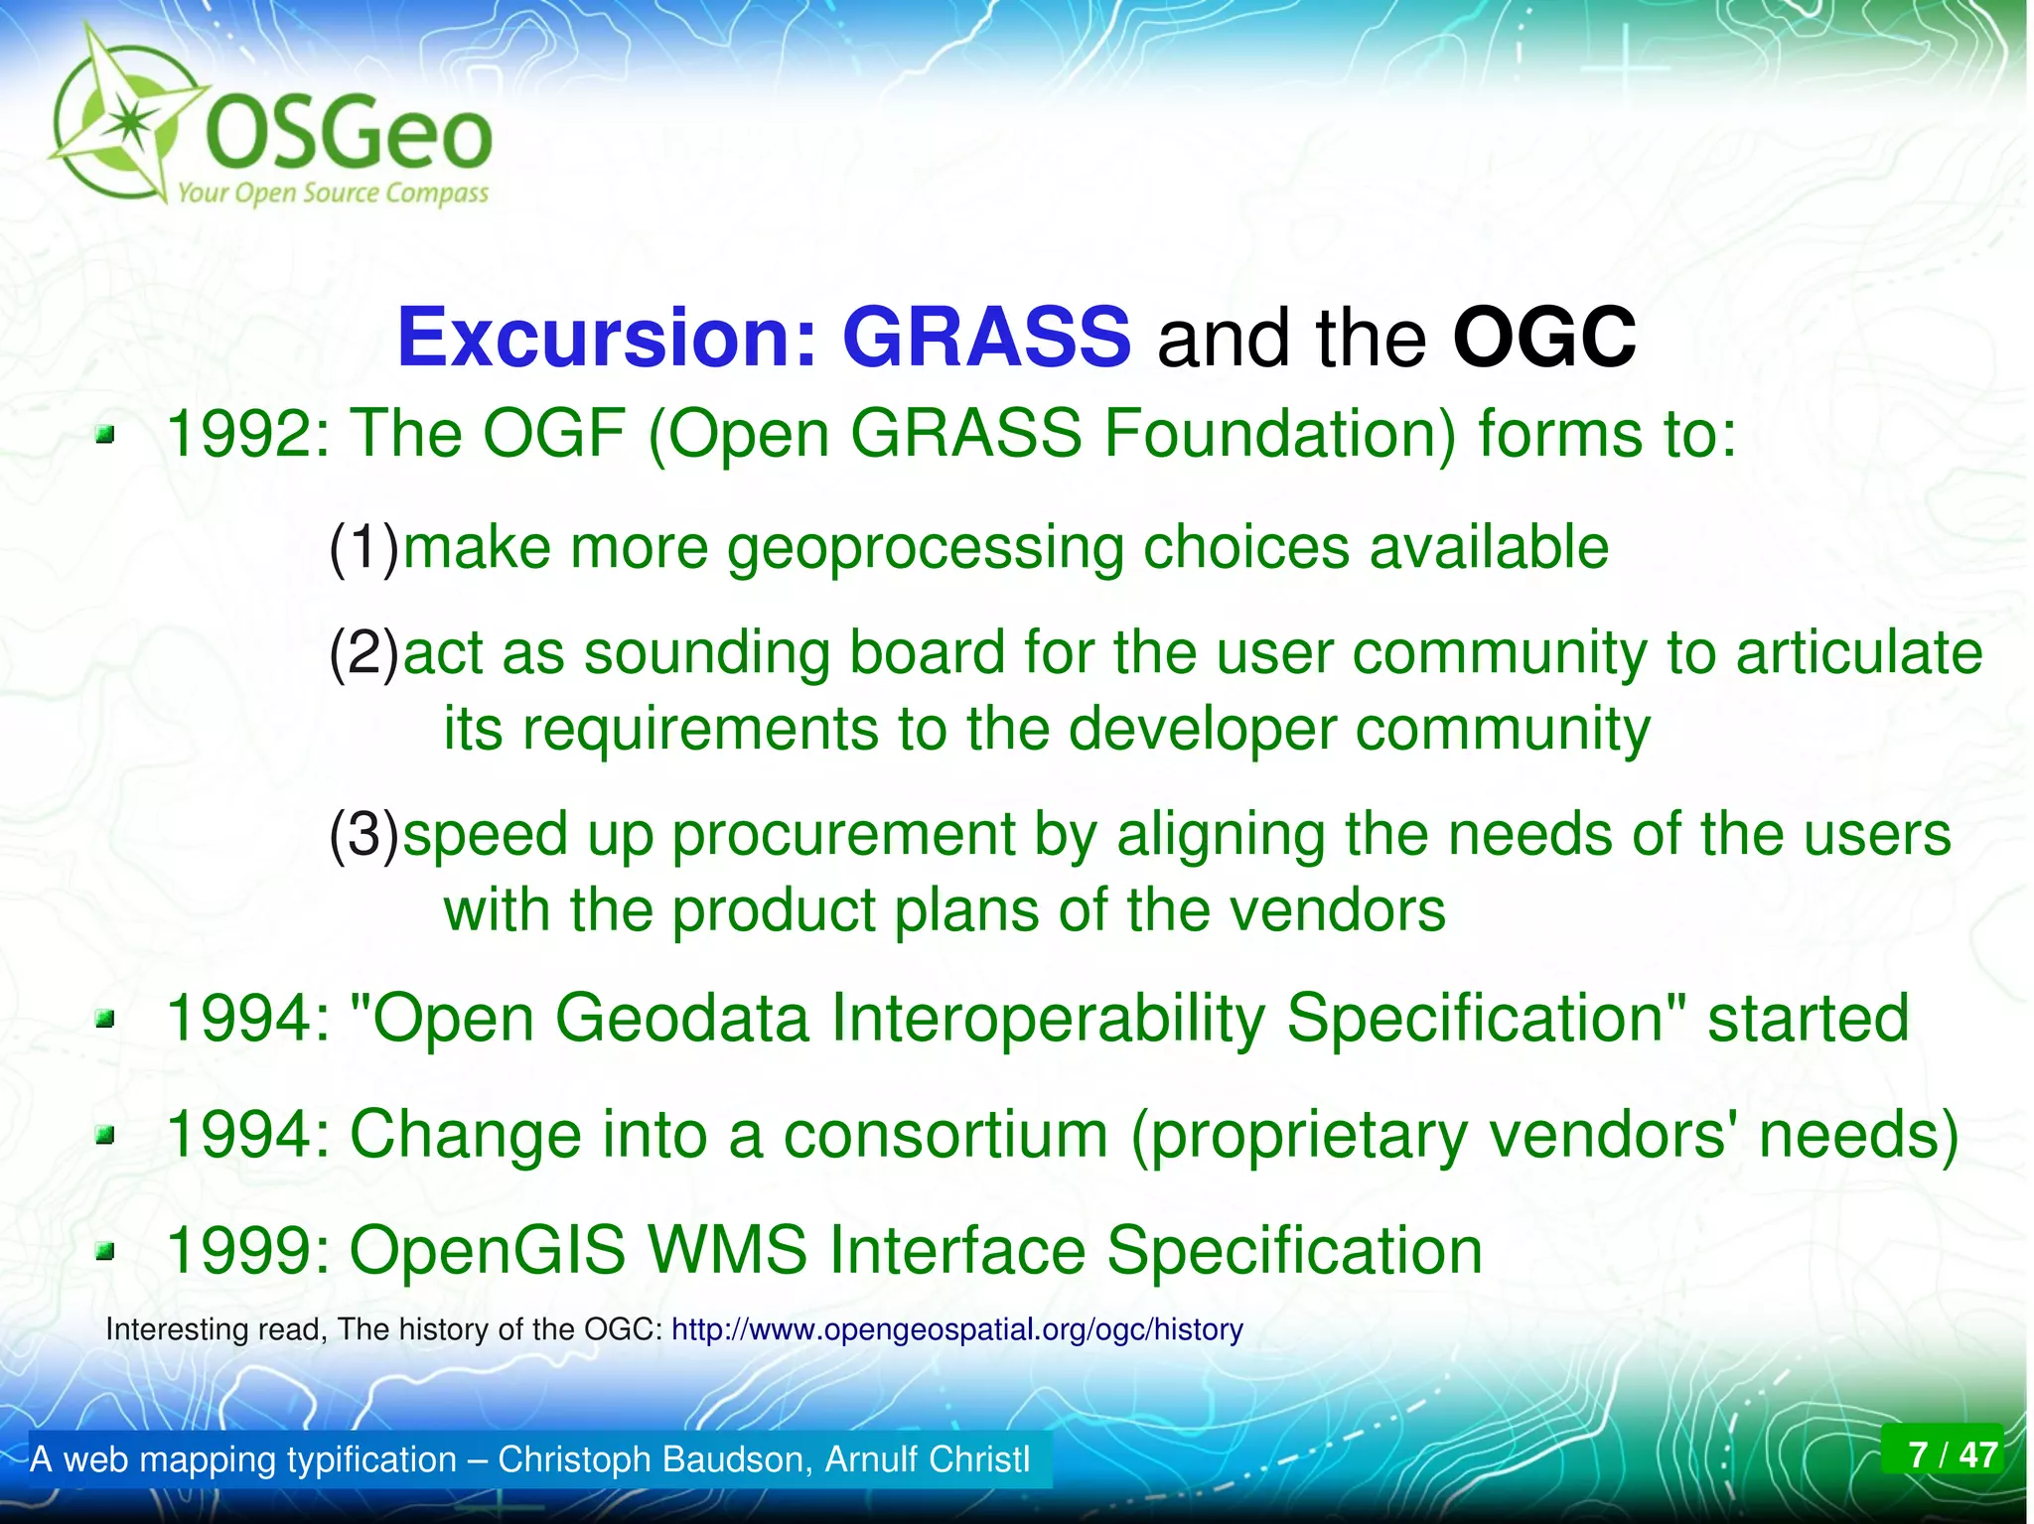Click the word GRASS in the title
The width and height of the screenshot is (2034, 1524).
985,338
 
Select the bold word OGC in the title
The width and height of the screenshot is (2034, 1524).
1543,338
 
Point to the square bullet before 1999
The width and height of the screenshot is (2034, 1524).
105,1251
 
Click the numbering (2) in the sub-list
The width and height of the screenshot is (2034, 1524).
364,653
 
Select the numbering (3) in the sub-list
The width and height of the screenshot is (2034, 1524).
364,834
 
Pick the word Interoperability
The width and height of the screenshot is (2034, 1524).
1048,1019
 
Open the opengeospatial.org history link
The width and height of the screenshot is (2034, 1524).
956,1329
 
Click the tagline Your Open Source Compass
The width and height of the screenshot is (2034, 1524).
333,193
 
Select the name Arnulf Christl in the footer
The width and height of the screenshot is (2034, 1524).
928,1459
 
